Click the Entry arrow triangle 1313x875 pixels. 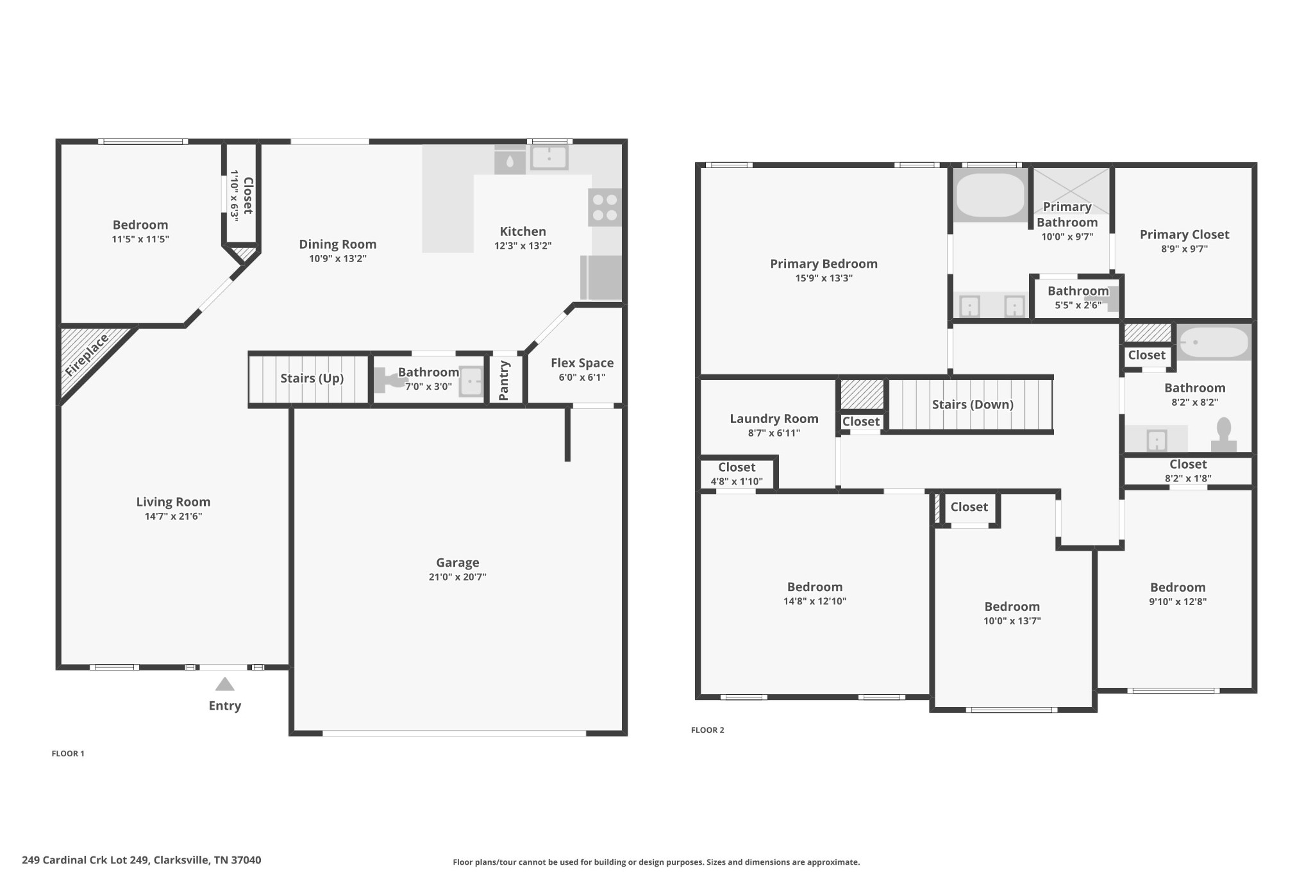point(224,685)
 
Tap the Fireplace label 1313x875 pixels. point(87,355)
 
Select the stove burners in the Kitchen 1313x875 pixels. point(605,207)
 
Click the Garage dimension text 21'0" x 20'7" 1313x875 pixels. point(457,577)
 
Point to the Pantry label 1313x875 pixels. point(504,380)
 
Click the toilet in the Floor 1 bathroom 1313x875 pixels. point(389,380)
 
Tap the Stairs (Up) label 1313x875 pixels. point(312,378)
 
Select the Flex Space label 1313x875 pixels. point(581,363)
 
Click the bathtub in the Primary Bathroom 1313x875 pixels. point(990,196)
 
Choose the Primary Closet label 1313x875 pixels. point(1184,235)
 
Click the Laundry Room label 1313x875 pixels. point(774,419)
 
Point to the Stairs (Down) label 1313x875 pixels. point(972,404)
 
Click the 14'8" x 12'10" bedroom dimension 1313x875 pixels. point(814,601)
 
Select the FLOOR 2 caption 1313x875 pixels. point(707,729)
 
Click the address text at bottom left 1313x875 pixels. point(142,860)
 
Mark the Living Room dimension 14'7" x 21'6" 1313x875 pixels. point(173,516)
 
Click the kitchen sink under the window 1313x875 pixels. point(549,156)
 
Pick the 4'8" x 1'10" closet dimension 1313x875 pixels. point(736,481)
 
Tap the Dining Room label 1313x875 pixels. point(337,244)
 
